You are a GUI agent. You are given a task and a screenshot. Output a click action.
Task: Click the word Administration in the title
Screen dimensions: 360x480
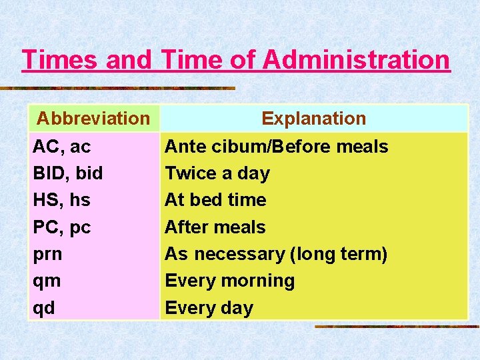[357, 60]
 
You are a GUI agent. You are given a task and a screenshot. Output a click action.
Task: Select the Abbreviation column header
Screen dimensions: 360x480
[93, 119]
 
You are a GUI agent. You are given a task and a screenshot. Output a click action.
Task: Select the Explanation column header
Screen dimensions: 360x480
[313, 119]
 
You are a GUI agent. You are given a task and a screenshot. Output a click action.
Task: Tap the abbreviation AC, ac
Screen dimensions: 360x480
[62, 147]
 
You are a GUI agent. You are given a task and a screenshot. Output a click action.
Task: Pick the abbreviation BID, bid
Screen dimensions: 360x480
[68, 173]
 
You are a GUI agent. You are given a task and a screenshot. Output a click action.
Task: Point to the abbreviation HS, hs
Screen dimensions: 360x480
[61, 200]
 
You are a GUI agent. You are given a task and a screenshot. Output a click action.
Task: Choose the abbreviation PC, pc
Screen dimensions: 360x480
[62, 227]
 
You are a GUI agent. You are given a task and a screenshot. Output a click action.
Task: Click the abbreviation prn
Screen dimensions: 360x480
[47, 254]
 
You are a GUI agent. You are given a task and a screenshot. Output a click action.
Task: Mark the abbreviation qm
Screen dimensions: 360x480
[47, 281]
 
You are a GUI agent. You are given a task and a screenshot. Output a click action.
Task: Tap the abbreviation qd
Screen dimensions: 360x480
[44, 308]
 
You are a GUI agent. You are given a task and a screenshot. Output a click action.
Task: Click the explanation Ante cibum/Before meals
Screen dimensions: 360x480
[276, 147]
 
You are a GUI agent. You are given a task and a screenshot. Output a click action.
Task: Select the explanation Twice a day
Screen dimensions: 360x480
[217, 173]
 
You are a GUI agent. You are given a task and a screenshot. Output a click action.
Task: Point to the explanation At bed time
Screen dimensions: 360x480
[215, 200]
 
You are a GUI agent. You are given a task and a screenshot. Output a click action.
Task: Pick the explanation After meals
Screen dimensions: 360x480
[215, 227]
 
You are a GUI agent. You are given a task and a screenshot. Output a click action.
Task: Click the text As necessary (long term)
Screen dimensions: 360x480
[276, 254]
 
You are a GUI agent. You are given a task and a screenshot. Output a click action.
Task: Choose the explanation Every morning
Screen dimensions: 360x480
[229, 281]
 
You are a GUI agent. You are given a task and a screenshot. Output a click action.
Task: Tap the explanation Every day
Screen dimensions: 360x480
[209, 308]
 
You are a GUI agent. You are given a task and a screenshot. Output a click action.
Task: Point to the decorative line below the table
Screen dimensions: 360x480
[397, 327]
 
